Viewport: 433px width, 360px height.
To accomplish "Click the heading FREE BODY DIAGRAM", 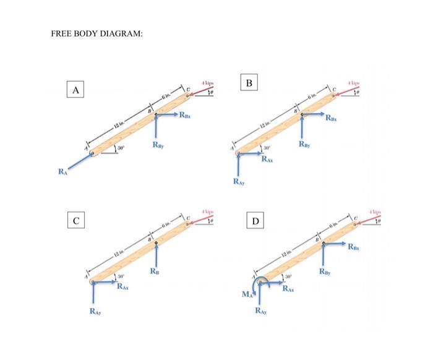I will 96,33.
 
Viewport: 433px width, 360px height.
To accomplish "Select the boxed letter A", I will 75,90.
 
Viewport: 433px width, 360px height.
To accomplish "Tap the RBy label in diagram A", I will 157,146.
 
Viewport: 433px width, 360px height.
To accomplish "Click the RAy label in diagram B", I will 239,181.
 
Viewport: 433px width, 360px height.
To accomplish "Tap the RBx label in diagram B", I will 333,119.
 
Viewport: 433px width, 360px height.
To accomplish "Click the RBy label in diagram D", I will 324,270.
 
